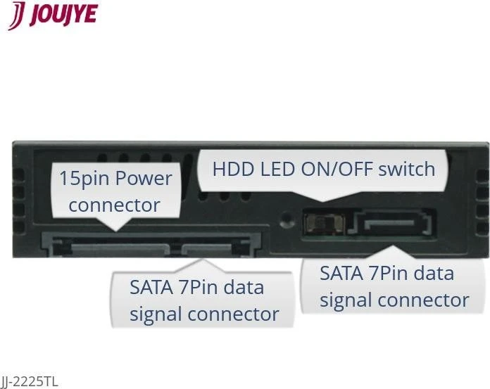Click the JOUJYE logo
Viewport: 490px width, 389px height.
(53, 15)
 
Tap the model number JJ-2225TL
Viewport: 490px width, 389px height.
(29, 382)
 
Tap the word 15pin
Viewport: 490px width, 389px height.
(84, 179)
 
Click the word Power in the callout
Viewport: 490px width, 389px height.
(144, 178)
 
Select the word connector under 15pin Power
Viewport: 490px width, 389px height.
(114, 205)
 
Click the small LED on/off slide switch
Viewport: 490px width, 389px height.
(324, 224)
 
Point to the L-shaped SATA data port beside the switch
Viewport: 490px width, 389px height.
(391, 222)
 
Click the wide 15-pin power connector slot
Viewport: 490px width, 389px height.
(120, 250)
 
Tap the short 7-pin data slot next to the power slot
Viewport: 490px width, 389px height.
(206, 249)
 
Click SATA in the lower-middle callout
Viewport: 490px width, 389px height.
(151, 288)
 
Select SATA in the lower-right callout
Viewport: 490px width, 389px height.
(341, 274)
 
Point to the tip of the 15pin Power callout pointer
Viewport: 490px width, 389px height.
(116, 231)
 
